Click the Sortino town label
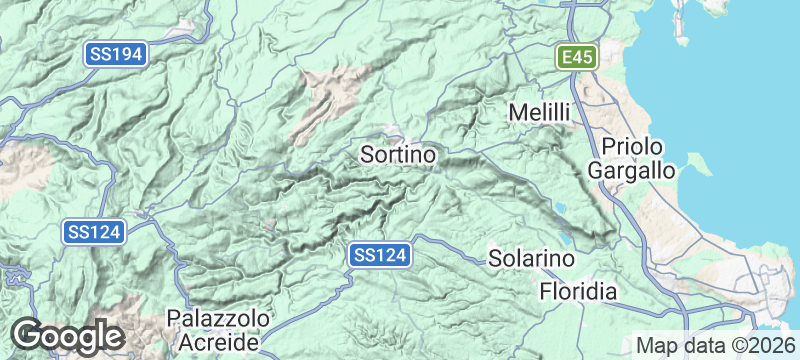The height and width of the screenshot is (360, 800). click(x=398, y=155)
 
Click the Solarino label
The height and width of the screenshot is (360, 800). click(x=532, y=258)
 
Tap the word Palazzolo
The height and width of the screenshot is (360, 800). click(x=218, y=318)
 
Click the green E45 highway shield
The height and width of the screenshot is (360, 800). click(x=578, y=57)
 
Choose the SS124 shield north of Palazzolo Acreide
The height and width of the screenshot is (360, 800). click(x=95, y=232)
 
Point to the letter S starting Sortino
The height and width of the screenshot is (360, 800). click(x=366, y=155)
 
